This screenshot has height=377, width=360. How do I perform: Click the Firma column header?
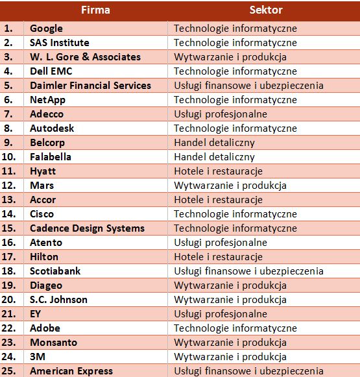95,10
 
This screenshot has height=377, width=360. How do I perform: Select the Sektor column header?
266,10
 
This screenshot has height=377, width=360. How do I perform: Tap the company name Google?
46,29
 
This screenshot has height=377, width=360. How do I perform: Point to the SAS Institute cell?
60,43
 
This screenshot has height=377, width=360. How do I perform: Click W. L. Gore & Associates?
86,57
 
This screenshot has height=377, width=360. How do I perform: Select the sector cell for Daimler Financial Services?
248,86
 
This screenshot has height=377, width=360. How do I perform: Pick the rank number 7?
8,114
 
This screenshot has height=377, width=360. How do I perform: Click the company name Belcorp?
47,143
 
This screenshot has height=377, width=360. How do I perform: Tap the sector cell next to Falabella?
214,157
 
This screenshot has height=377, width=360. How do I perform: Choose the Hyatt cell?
43,171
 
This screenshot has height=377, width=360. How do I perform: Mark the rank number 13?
8,200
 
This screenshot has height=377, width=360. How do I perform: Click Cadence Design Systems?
87,228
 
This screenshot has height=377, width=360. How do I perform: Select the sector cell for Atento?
221,243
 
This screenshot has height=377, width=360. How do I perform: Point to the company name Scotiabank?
55,271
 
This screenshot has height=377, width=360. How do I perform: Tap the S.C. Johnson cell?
58,300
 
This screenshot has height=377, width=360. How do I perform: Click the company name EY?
35,314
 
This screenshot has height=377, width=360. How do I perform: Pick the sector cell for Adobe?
235,328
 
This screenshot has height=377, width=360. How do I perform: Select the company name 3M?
38,357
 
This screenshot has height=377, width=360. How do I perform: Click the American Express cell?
71,371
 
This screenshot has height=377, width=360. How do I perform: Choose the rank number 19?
8,286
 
